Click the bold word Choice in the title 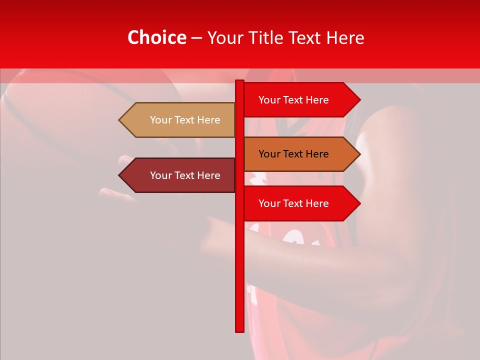tap(156, 38)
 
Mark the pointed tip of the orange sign tap(359, 154)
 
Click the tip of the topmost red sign tap(359, 100)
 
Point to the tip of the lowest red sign tap(359, 203)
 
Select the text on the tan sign tap(185, 120)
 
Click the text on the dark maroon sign tap(185, 175)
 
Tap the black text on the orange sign tap(293, 154)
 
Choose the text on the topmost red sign tap(293, 100)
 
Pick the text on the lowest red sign tap(293, 203)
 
